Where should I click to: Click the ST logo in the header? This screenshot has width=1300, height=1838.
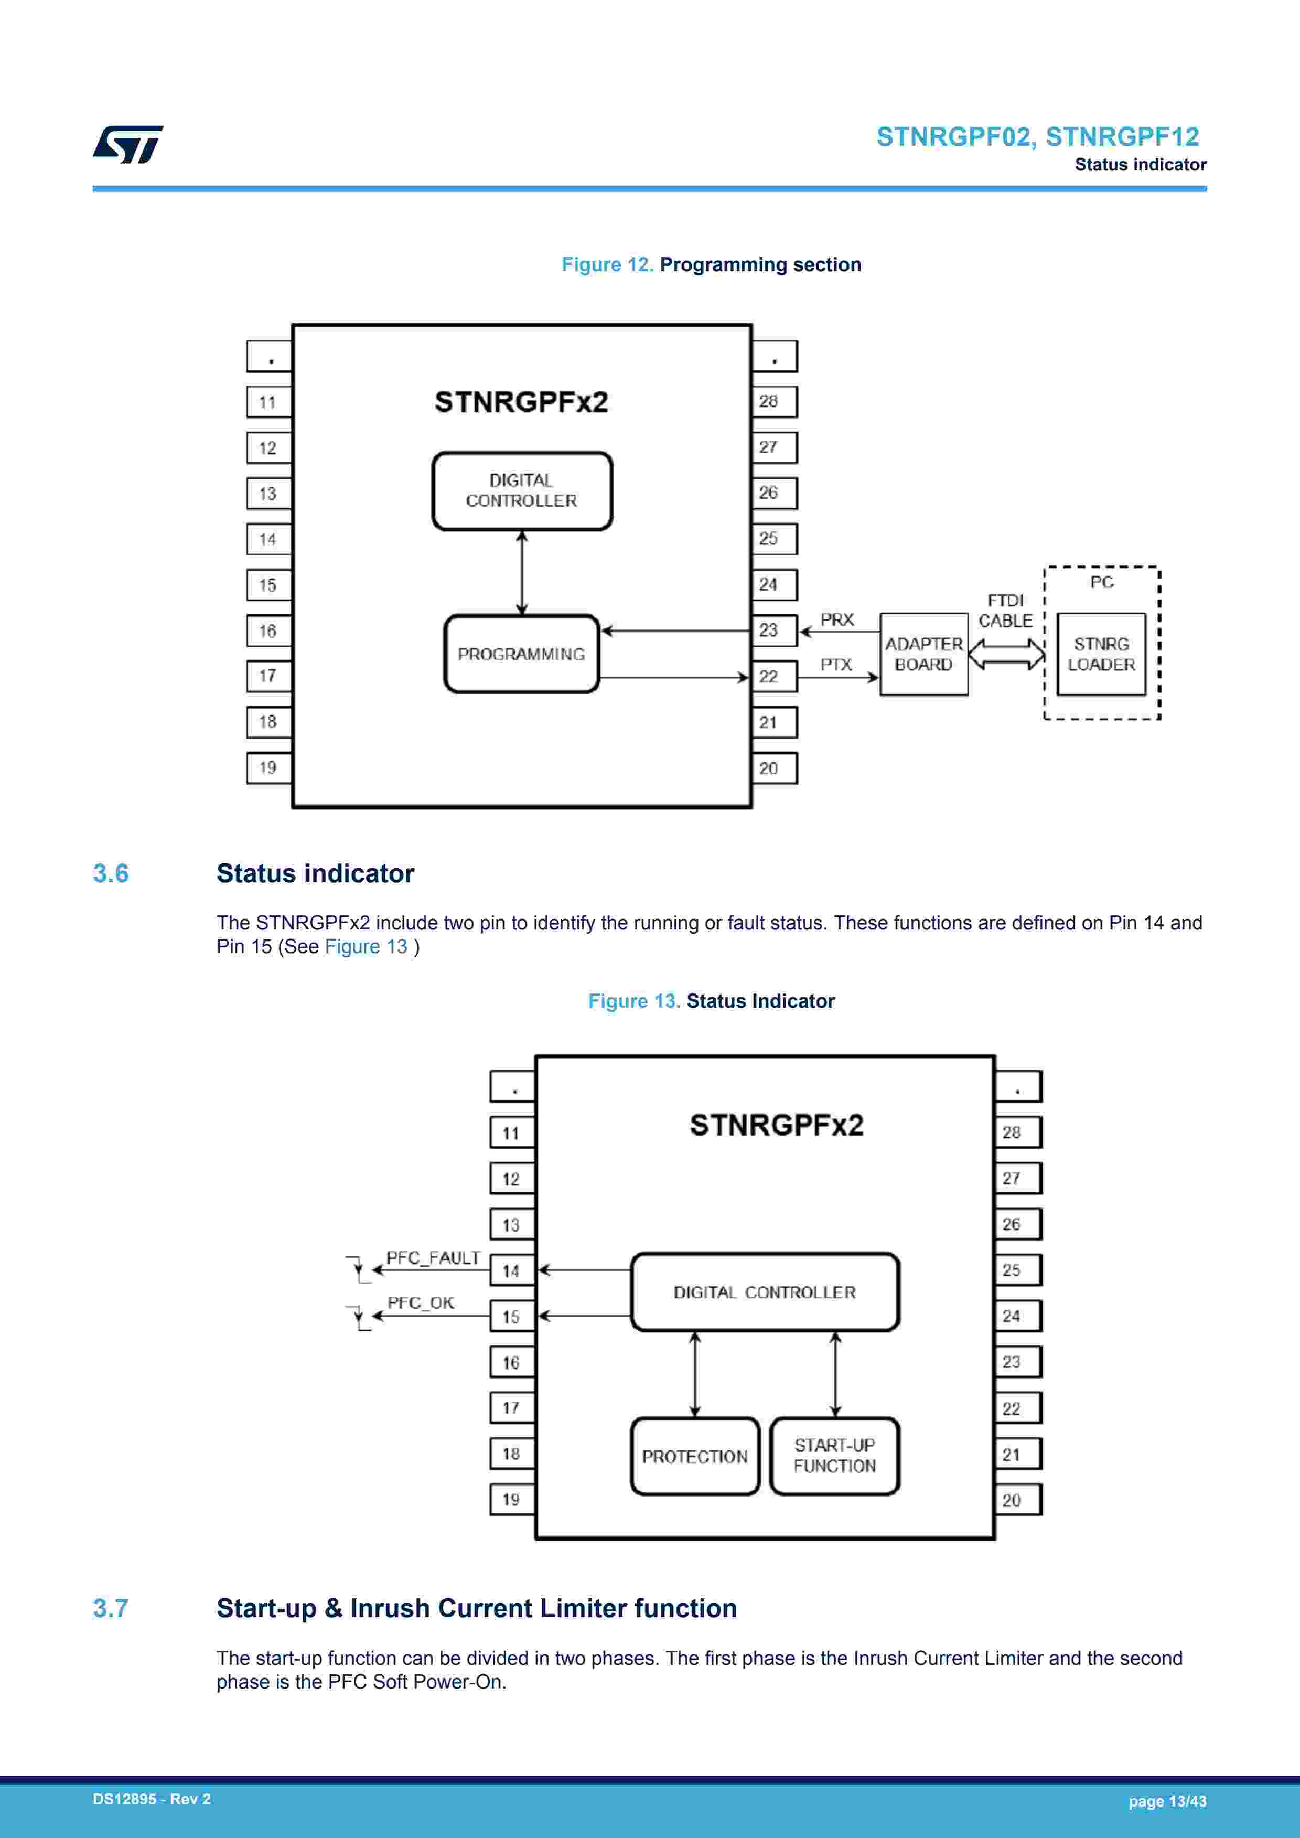pyautogui.click(x=128, y=144)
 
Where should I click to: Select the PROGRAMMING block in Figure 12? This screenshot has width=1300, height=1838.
pyautogui.click(x=521, y=654)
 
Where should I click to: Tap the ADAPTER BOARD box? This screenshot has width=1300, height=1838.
pyautogui.click(x=924, y=654)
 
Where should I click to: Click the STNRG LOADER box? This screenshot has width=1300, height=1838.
pyautogui.click(x=1101, y=654)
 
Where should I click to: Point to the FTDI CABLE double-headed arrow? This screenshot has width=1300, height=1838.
pyautogui.click(x=1006, y=654)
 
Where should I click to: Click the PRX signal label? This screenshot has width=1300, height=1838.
pyautogui.click(x=837, y=619)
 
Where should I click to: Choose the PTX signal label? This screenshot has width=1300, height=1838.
pyautogui.click(x=836, y=665)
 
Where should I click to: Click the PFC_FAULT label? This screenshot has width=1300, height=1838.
pyautogui.click(x=433, y=1258)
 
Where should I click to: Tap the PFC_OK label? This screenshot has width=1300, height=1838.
pyautogui.click(x=421, y=1302)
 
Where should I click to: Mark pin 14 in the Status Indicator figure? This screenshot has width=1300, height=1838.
pyautogui.click(x=511, y=1270)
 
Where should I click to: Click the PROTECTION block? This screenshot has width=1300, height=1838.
pyautogui.click(x=695, y=1456)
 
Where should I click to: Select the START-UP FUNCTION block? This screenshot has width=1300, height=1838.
pyautogui.click(x=834, y=1456)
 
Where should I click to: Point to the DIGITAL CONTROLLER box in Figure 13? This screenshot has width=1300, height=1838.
pyautogui.click(x=765, y=1292)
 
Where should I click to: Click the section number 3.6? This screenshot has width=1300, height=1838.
pyautogui.click(x=111, y=873)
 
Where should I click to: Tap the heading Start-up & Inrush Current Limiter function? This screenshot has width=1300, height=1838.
pyautogui.click(x=476, y=1608)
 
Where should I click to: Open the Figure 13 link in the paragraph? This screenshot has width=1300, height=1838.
pyautogui.click(x=366, y=946)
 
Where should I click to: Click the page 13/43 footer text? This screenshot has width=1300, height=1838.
pyautogui.click(x=1167, y=1801)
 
